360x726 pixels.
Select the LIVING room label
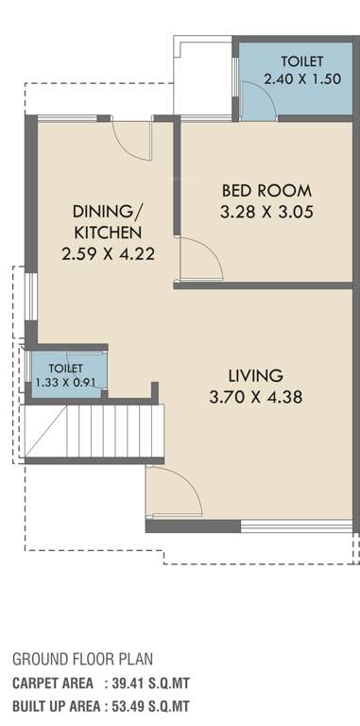[x=255, y=375]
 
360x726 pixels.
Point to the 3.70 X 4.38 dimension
[x=255, y=397]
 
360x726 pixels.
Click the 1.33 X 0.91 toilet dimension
[x=65, y=382]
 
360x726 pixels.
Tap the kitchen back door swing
[x=133, y=142]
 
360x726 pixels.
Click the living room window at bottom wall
[x=296, y=526]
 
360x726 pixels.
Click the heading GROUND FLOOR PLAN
[x=82, y=659]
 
